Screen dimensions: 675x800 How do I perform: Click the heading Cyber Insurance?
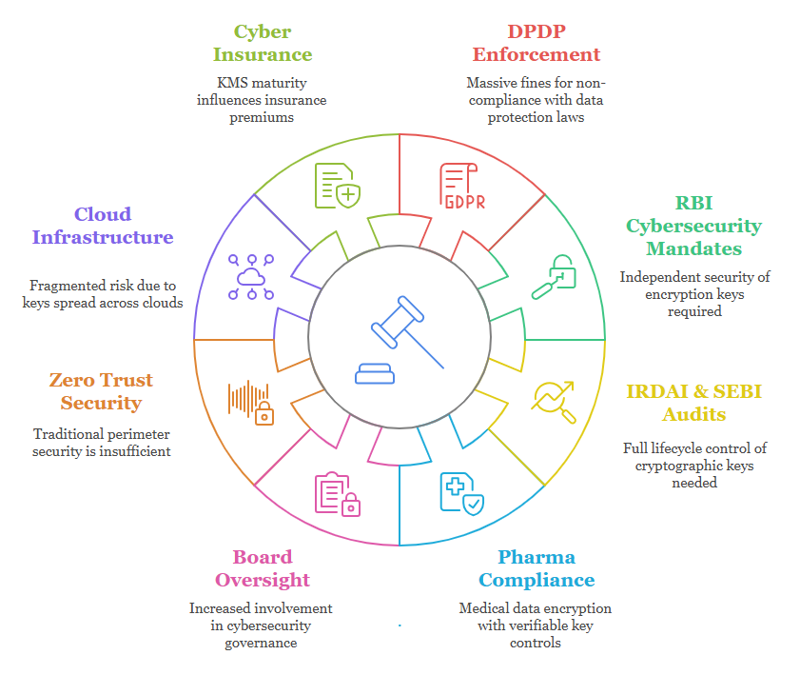[263, 42]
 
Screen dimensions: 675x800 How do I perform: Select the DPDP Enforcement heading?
[537, 42]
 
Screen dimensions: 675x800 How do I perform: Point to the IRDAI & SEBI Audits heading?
[693, 403]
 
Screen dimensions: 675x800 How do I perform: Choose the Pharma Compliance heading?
[537, 568]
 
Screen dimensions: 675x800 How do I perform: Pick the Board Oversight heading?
[263, 568]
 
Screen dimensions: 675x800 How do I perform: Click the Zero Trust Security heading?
[101, 391]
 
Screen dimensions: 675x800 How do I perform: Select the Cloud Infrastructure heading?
[103, 226]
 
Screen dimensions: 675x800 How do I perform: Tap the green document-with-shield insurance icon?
[338, 185]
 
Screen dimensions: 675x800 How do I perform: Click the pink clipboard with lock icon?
[338, 493]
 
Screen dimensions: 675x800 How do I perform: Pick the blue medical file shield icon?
[461, 493]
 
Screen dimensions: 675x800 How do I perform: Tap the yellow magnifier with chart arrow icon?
[554, 401]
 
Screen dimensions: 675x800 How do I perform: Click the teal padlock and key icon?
[554, 275]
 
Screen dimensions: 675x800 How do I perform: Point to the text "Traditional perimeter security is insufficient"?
[102, 442]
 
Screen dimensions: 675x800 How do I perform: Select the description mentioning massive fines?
[537, 100]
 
